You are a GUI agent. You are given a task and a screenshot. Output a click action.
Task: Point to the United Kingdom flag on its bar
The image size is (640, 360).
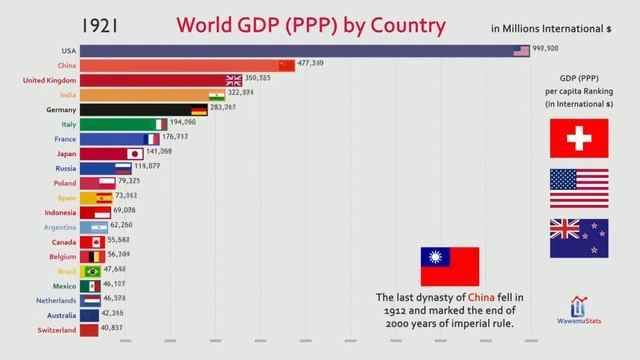click(x=233, y=80)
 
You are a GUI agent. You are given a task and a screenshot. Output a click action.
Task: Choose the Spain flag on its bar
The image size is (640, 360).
click(x=103, y=198)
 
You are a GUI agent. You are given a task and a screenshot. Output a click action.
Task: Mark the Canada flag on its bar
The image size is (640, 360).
click(x=97, y=242)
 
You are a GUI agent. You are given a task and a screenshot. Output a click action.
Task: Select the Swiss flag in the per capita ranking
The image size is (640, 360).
click(x=579, y=138)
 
